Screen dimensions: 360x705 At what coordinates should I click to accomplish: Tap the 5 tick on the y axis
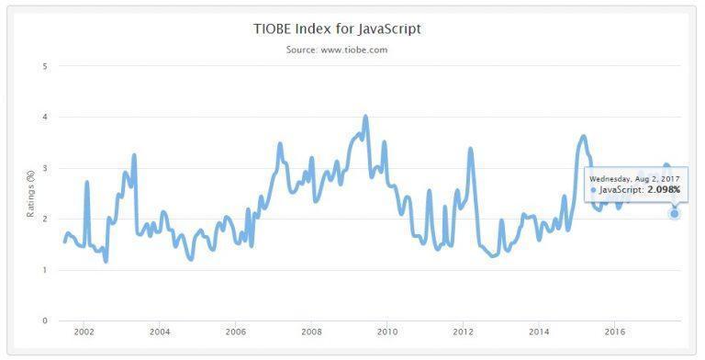[x=44, y=66]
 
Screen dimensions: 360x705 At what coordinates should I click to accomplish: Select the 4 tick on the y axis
[x=44, y=117]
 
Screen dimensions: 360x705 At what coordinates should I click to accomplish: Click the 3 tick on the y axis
[x=44, y=168]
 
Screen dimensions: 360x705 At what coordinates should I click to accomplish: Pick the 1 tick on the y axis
[x=44, y=270]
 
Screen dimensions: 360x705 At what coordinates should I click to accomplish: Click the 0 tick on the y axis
[x=44, y=321]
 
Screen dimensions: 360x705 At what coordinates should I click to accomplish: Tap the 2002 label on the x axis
[x=84, y=332]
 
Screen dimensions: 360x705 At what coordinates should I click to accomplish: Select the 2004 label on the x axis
[x=160, y=332]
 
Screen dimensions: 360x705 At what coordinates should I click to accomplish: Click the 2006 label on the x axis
[x=236, y=332]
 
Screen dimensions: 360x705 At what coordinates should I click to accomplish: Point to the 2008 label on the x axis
[x=311, y=332]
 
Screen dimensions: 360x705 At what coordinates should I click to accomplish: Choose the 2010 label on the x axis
[x=387, y=332]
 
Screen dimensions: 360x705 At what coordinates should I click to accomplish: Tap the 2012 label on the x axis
[x=464, y=332]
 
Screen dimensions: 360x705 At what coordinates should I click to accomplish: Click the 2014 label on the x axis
[x=539, y=332]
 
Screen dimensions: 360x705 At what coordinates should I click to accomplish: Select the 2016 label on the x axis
[x=615, y=332]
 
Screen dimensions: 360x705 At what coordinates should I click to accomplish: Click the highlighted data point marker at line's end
[x=675, y=214]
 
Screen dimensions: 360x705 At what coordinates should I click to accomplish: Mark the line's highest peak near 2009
[x=365, y=117]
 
